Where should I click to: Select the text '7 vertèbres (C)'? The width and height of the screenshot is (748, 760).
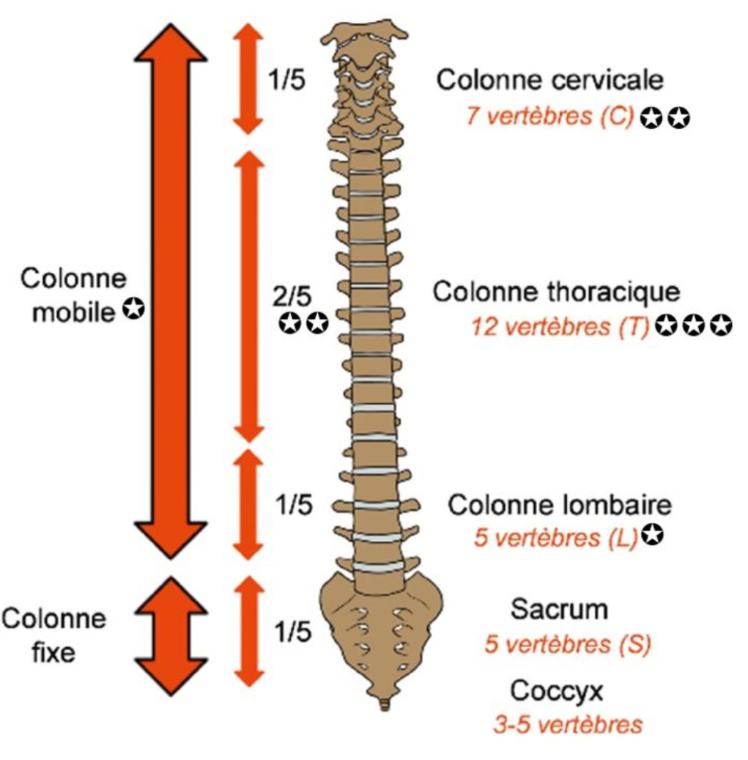tap(549, 117)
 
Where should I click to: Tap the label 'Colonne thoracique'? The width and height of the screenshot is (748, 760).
tap(556, 291)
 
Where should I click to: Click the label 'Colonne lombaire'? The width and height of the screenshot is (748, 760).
tap(560, 505)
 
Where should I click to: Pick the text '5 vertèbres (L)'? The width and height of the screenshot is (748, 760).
tap(556, 538)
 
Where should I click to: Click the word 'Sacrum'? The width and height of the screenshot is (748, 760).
tap(560, 609)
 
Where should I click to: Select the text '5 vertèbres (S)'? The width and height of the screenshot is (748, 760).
tap(568, 645)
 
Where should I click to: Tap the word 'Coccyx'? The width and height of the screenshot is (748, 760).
tap(559, 690)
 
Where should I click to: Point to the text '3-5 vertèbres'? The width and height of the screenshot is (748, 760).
tap(568, 725)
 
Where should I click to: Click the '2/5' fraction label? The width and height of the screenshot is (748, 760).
tap(292, 296)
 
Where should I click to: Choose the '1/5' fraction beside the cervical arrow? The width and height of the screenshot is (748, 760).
tap(286, 80)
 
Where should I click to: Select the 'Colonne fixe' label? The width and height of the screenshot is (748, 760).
tap(53, 635)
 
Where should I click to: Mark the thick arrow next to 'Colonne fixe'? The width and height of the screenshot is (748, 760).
tap(172, 635)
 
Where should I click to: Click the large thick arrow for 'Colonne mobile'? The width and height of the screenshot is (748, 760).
tap(172, 290)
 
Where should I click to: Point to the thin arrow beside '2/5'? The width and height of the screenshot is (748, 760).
tap(250, 296)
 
